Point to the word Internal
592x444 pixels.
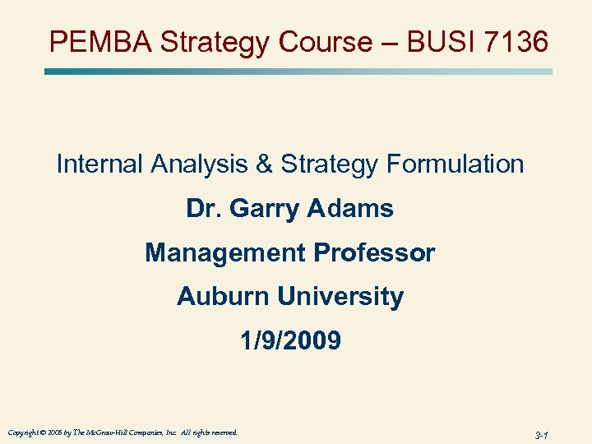pos(99,164)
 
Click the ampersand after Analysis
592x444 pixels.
pos(265,164)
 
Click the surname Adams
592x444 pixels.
pos(353,208)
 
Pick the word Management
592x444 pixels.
pos(220,252)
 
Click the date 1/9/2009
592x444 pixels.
pos(290,340)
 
